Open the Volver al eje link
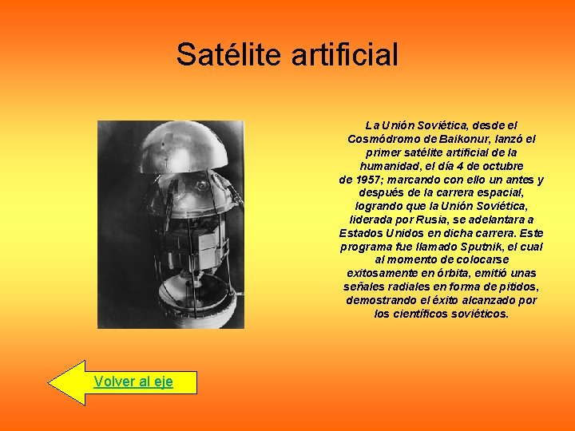[133, 382]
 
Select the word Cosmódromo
[380, 139]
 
